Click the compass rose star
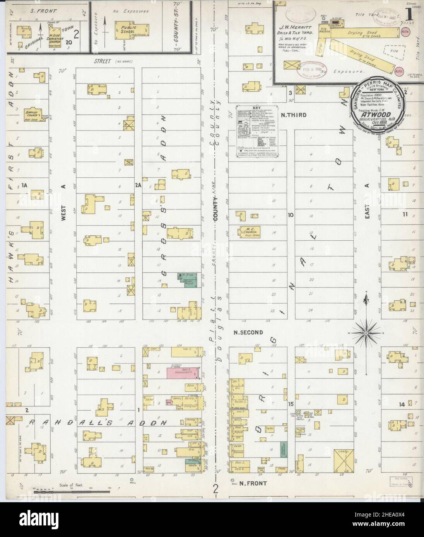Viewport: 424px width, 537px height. [366, 332]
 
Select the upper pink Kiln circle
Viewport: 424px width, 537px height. [406, 31]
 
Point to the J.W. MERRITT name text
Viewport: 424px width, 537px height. [297, 27]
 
